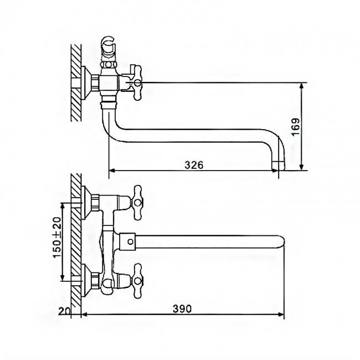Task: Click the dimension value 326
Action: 194,165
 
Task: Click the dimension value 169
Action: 296,127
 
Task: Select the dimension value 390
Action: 182,309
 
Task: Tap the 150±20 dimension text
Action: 58,237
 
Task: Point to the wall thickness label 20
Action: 64,311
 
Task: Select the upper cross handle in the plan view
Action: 136,202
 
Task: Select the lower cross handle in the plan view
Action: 136,281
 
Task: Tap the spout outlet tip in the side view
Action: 278,165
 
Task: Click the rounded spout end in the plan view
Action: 281,241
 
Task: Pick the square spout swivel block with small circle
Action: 128,241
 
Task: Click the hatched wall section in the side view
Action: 76,83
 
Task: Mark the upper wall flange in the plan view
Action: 86,202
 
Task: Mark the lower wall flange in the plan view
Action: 86,281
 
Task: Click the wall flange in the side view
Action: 86,83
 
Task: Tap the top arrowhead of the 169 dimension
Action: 302,86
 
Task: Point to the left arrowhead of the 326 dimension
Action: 112,171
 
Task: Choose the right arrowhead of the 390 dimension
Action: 281,315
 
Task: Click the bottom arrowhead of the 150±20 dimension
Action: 63,277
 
